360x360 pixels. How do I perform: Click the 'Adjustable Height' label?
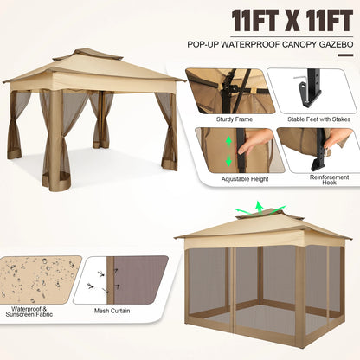[232, 180]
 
